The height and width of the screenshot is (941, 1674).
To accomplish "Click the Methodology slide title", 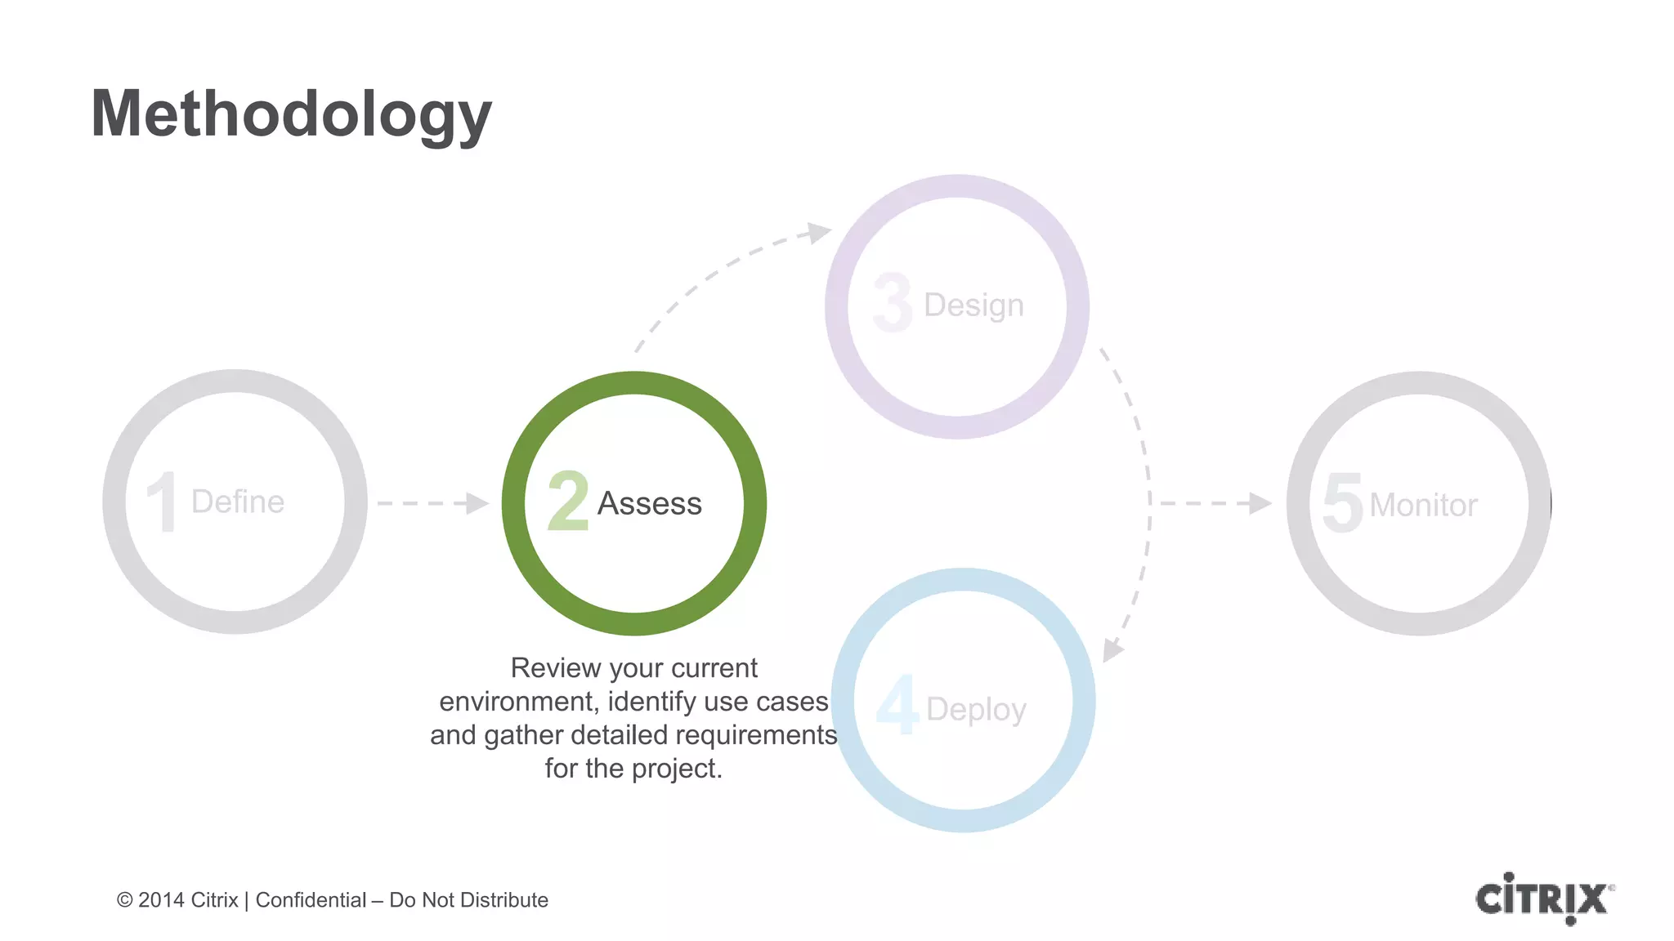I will (291, 114).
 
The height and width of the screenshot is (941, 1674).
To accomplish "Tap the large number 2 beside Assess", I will (568, 501).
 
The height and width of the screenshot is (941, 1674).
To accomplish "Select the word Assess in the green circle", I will (650, 503).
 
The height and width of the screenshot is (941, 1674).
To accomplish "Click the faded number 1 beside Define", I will (163, 502).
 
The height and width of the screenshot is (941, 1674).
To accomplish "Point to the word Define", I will (238, 501).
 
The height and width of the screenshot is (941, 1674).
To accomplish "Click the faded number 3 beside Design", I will (892, 303).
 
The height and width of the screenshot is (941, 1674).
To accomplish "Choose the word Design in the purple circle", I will (974, 305).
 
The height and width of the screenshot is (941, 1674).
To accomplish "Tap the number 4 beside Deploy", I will (897, 704).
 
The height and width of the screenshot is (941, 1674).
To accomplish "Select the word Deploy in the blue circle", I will (976, 709).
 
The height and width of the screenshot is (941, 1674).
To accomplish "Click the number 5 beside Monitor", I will (1343, 503).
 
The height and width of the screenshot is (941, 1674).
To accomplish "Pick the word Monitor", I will (1423, 505).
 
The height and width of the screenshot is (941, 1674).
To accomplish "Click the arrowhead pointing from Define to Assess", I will (477, 503).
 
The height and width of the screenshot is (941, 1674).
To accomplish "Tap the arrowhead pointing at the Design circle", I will (818, 233).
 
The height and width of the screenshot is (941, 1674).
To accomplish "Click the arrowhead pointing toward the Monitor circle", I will (1260, 503).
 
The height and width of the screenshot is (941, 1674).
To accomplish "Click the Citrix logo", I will (1544, 899).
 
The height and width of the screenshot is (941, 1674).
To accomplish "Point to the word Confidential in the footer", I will (311, 900).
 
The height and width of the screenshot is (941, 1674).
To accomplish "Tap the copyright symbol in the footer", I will (124, 900).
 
